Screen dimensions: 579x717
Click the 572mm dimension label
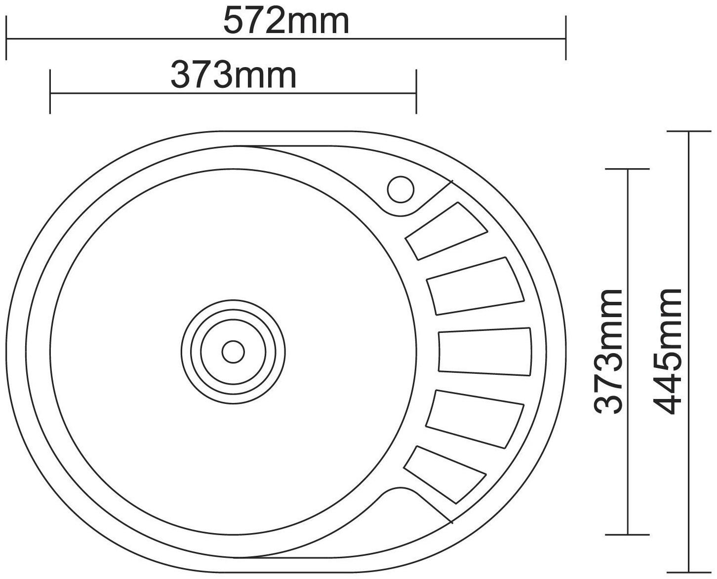tap(286, 21)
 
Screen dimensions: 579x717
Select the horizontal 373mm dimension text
tap(233, 75)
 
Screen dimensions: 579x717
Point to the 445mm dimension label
tap(668, 351)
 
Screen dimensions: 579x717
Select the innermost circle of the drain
tap(233, 352)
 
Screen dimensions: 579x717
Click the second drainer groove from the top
tap(475, 286)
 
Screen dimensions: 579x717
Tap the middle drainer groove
tap(484, 350)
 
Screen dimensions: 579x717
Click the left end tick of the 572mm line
tap(6, 38)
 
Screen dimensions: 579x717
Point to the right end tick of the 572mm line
tap(565, 38)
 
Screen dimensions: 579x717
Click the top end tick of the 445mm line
tap(689, 132)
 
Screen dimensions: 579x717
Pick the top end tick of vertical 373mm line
tap(627, 169)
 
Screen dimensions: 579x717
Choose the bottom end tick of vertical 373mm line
tap(627, 534)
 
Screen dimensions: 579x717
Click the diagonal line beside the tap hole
tap(435, 197)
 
